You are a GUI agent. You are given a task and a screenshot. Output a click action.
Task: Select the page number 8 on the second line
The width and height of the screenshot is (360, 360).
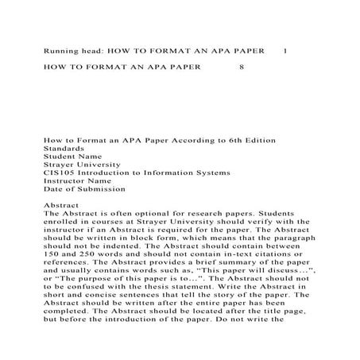click(x=240, y=68)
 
